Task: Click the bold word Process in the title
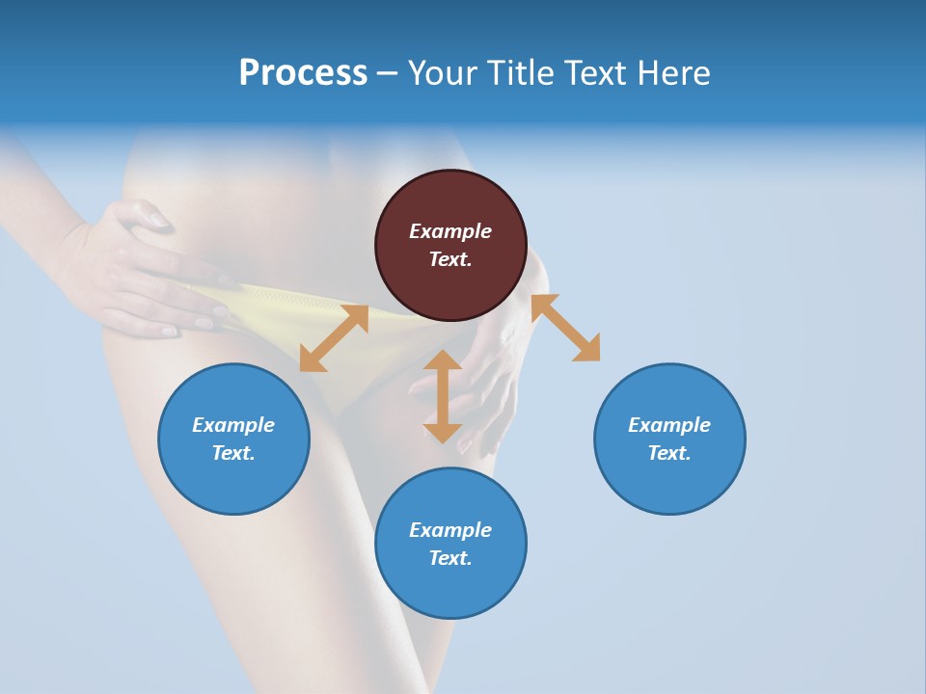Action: click(303, 73)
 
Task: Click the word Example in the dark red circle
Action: click(450, 231)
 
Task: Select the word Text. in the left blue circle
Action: click(233, 453)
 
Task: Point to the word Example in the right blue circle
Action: click(669, 425)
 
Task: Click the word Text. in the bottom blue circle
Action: click(450, 558)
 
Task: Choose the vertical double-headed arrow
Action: click(443, 396)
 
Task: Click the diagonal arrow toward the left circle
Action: click(334, 338)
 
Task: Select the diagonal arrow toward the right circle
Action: click(565, 328)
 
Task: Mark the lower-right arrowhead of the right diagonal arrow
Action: click(588, 350)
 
